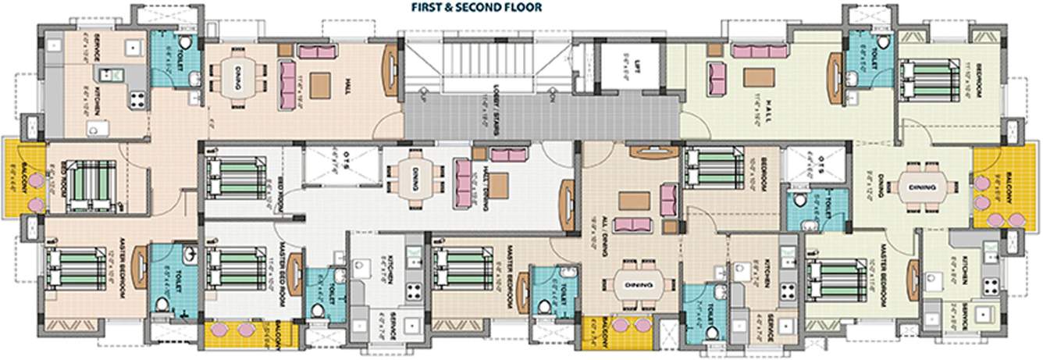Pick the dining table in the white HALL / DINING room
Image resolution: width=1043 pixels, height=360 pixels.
pos(416,177)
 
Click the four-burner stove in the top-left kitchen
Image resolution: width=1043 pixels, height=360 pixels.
pos(138,99)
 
